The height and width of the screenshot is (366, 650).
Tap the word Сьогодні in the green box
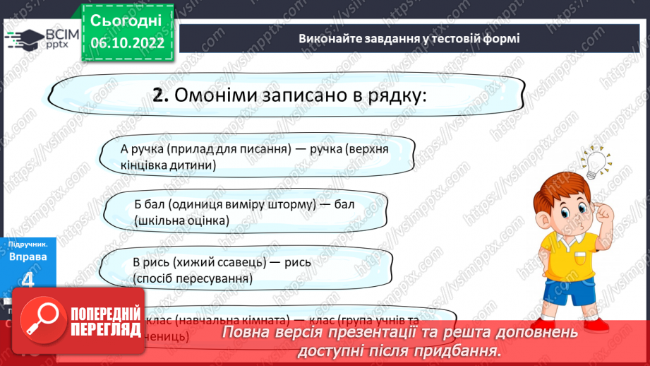click(x=127, y=20)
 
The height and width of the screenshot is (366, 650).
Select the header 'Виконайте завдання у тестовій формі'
click(x=409, y=38)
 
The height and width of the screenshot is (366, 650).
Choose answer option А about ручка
click(x=254, y=157)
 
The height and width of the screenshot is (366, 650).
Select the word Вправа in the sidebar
click(x=28, y=256)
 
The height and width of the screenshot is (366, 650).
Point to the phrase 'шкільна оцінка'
click(x=183, y=220)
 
